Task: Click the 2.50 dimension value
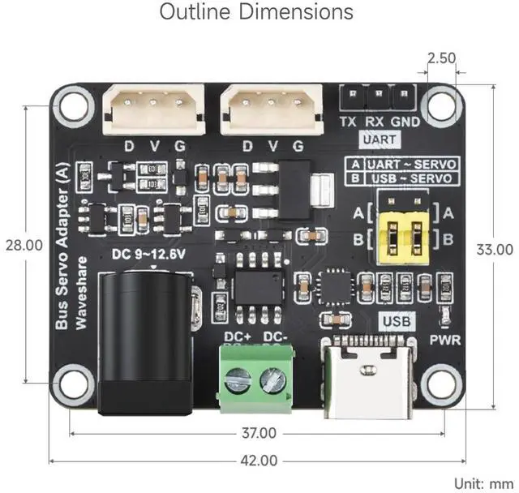(442, 58)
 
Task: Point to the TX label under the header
(348, 122)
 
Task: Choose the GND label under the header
(405, 122)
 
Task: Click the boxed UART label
(380, 139)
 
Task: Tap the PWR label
(445, 340)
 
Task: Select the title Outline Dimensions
(256, 13)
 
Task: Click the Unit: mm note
(483, 483)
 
